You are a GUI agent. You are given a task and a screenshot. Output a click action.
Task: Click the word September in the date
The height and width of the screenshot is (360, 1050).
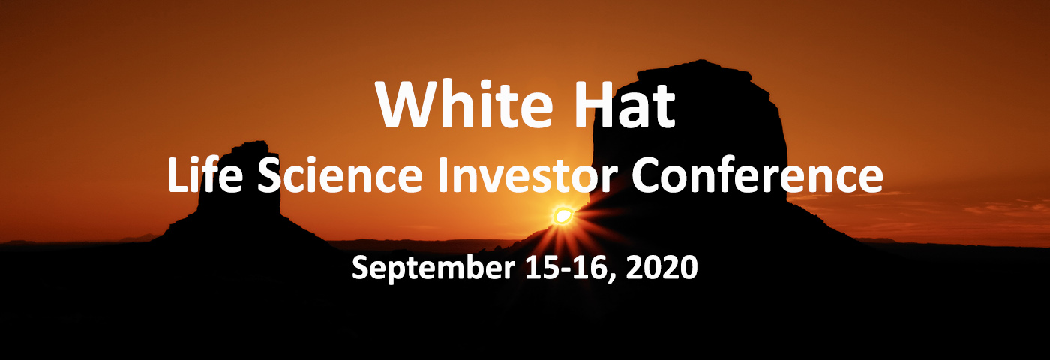coord(433,268)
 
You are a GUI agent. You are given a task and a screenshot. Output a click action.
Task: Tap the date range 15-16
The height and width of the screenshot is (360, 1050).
coord(568,267)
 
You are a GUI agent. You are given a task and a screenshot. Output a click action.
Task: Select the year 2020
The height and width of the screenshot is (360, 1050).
coord(661,267)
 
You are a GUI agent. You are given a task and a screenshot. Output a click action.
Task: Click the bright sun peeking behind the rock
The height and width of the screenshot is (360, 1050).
coord(562,216)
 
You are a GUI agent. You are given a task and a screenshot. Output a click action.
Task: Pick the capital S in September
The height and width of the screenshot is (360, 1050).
coord(361,267)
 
